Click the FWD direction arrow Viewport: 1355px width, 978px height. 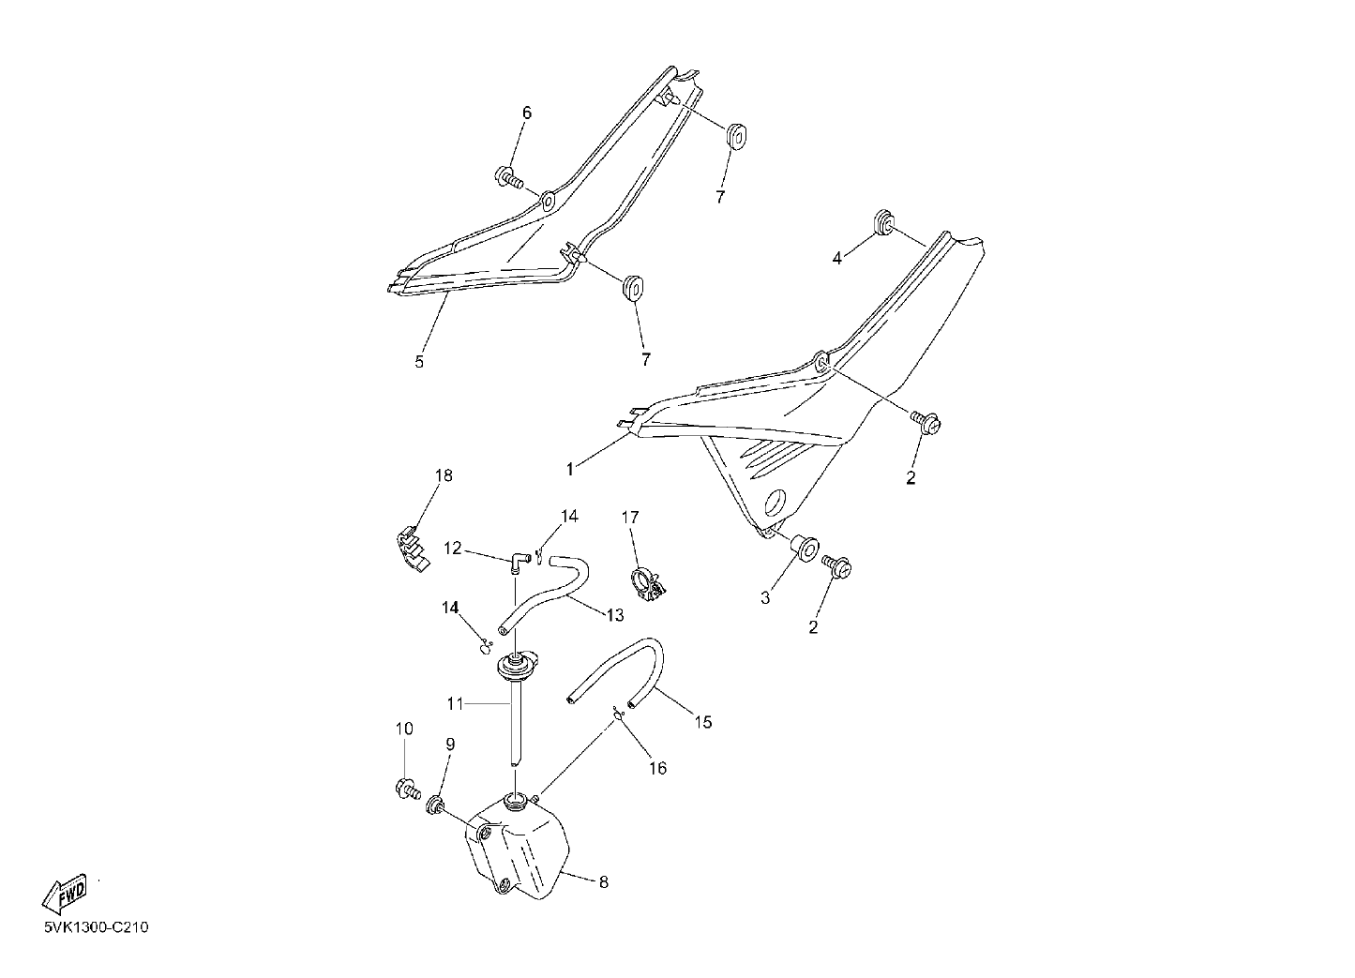64,894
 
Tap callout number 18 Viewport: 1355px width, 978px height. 444,475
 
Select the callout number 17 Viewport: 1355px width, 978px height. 630,517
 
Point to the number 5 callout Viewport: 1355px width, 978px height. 419,362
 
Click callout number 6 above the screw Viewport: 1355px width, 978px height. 527,113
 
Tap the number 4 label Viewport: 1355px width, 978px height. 836,258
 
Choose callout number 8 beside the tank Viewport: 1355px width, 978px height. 603,882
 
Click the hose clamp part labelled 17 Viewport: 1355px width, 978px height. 649,586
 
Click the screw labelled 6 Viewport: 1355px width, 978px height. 511,178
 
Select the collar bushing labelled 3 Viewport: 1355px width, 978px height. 805,548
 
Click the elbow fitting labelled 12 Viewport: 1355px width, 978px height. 519,562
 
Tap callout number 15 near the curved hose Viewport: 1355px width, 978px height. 703,722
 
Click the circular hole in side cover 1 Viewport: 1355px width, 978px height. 776,503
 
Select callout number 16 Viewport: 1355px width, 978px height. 657,768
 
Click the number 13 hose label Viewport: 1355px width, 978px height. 614,615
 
